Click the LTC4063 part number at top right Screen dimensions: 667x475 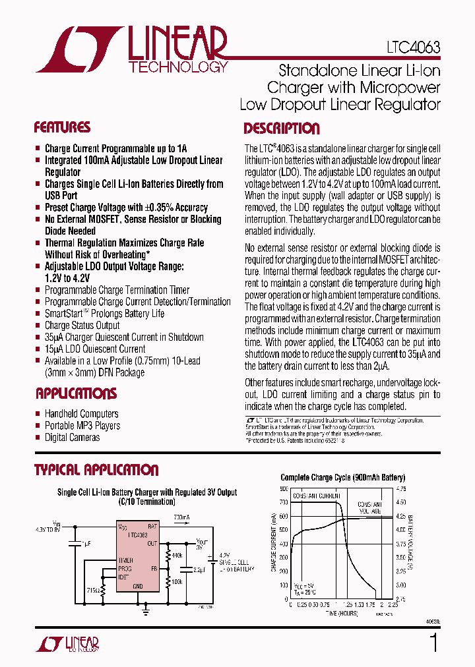(413, 48)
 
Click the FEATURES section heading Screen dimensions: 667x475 (62, 127)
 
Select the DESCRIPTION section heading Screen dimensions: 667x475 (282, 129)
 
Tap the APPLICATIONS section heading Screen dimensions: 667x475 (76, 393)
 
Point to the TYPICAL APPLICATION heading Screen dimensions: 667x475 (96, 470)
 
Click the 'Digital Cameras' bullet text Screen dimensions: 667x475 (72, 437)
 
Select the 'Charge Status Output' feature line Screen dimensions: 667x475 (82, 325)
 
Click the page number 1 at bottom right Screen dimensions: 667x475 (433, 642)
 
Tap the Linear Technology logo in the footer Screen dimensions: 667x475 (67, 643)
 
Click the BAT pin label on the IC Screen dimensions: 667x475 (152, 527)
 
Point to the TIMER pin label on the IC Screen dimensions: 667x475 (125, 560)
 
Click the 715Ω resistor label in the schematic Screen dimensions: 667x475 (94, 589)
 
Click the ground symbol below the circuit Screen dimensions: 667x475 (145, 611)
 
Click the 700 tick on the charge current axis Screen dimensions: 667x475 (283, 503)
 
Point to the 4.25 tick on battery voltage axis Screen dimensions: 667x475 (400, 517)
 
